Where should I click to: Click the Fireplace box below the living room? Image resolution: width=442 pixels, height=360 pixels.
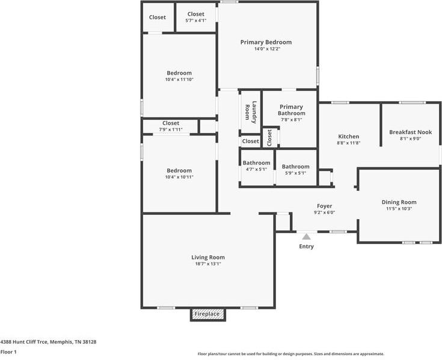tap(207, 314)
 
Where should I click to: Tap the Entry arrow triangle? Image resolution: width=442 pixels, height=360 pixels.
tap(307, 237)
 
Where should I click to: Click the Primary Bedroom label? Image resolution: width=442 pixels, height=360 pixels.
tap(266, 42)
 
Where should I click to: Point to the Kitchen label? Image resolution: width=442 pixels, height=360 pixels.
tap(349, 137)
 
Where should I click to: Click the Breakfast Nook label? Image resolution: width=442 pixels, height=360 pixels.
tap(410, 132)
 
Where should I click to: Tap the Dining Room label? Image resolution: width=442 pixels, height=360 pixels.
tap(399, 202)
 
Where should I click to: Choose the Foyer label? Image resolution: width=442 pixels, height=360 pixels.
tap(324, 206)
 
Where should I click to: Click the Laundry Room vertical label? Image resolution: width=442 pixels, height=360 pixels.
tap(251, 112)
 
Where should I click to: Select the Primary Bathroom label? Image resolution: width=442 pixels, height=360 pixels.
tap(291, 110)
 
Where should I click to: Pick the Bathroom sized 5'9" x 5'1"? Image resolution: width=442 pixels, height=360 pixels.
tap(295, 167)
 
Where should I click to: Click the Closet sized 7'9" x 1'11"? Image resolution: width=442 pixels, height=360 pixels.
tap(170, 123)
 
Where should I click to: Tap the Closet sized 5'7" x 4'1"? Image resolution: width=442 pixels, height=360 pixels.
tap(195, 14)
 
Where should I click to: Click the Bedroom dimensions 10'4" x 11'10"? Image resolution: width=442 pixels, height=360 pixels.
tap(179, 79)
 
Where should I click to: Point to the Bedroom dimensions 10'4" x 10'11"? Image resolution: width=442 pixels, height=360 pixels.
tap(179, 177)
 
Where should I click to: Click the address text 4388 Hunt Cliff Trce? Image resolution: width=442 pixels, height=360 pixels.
tap(48, 341)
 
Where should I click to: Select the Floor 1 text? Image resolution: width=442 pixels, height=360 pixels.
tap(8, 352)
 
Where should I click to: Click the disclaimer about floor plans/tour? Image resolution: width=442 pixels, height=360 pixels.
tap(290, 354)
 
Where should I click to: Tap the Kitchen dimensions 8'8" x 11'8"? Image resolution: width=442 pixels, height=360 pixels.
tap(349, 143)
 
